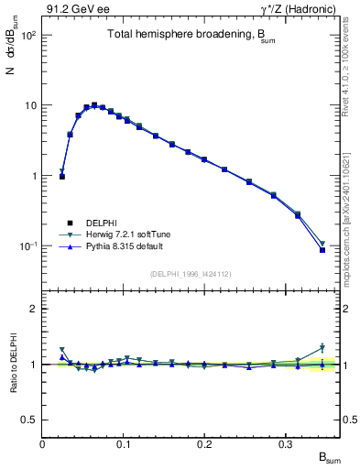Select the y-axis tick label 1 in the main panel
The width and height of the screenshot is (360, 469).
point(34,176)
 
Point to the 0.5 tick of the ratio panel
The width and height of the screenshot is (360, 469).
point(30,420)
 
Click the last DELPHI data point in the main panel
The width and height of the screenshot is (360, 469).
point(322,250)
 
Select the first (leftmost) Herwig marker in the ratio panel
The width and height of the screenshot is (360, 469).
point(62,350)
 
